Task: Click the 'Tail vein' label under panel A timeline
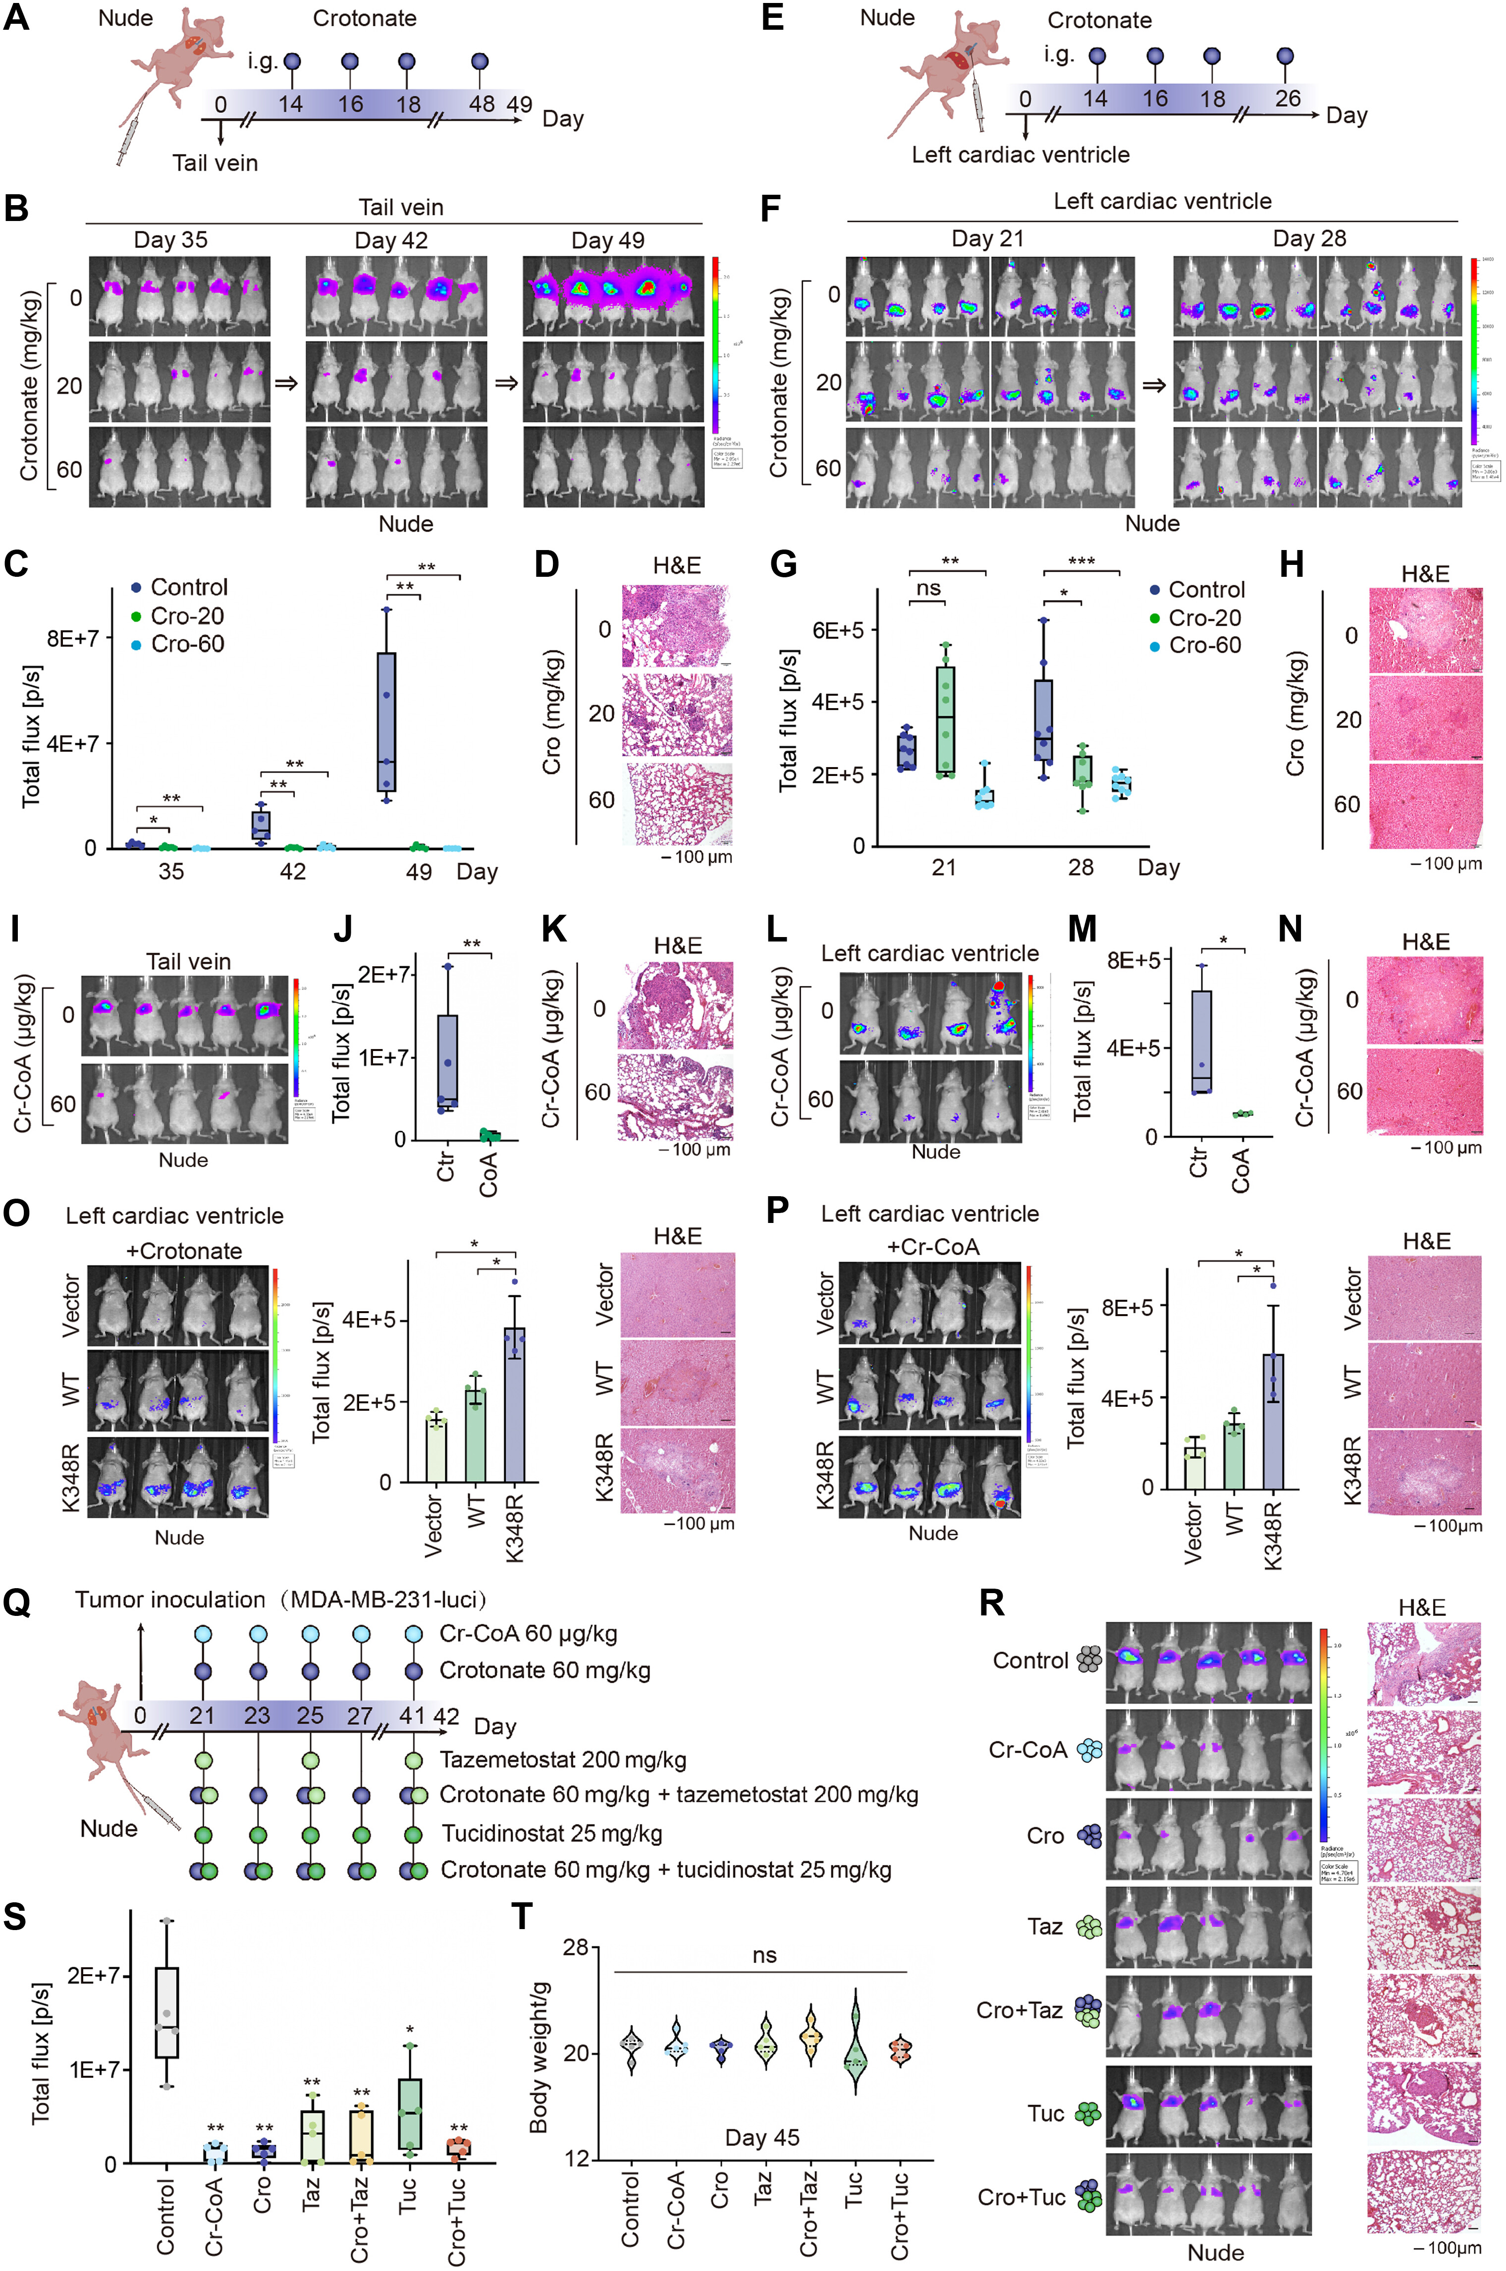pos(215,163)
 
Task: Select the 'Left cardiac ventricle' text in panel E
pos(1020,155)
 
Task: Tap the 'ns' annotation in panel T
pos(764,1955)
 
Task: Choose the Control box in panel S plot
pos(167,2012)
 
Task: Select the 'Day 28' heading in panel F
pos(1309,238)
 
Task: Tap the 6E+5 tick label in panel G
pos(839,630)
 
